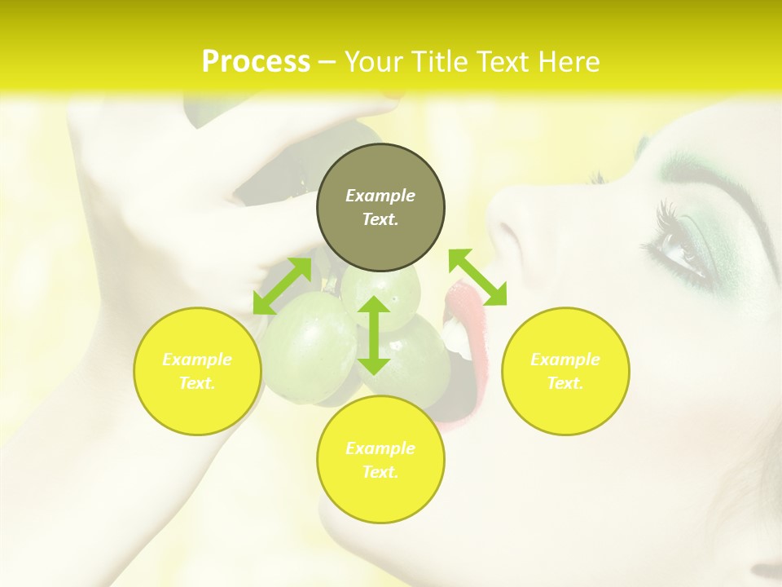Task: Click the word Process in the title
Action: pos(256,62)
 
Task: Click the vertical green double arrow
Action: pos(374,335)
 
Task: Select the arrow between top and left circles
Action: pos(282,285)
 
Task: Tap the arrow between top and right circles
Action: pos(477,277)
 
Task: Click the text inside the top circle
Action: pos(380,207)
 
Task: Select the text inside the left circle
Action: pos(197,371)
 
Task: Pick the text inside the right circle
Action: pos(565,371)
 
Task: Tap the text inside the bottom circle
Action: pos(380,460)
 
